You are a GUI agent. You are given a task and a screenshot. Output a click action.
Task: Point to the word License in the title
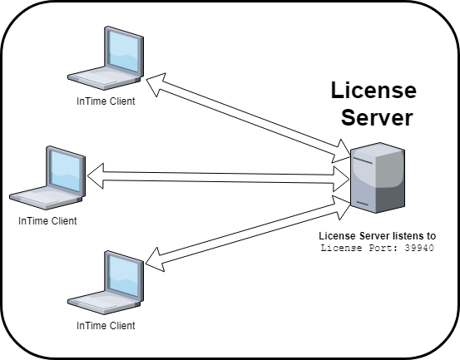373,90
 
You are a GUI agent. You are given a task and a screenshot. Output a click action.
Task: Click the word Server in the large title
373,118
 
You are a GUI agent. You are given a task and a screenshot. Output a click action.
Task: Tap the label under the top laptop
106,101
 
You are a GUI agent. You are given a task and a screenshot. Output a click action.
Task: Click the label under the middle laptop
47,221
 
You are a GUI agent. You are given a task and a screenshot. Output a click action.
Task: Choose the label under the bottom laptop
106,325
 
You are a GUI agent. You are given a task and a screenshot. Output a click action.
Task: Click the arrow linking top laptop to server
250,116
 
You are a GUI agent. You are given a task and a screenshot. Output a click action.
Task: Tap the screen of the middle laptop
62,170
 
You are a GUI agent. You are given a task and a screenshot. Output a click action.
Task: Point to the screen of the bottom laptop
118,272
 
